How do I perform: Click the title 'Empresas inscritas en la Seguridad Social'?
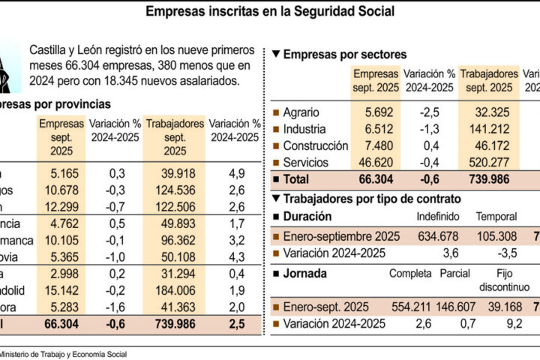(269, 12)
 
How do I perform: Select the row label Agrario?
(302, 113)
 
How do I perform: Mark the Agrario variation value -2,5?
(429, 113)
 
